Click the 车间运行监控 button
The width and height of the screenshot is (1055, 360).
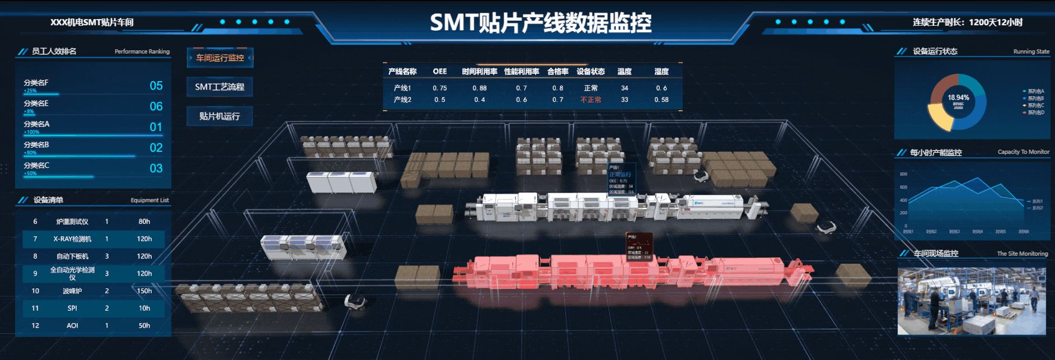(220, 58)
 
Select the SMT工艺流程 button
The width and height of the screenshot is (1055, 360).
(219, 87)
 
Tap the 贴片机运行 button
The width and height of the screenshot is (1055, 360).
(219, 116)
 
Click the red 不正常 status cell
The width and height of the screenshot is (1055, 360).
(590, 100)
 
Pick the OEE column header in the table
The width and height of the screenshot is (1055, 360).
(439, 72)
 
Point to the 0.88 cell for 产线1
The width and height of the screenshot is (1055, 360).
(479, 88)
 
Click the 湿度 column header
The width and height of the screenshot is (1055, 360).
(661, 72)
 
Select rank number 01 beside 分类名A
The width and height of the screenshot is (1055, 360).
(156, 127)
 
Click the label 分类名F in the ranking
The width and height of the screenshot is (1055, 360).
(36, 83)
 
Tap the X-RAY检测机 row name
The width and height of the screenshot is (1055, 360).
(72, 239)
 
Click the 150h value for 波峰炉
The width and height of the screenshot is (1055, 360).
(144, 291)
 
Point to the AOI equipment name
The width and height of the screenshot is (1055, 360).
(72, 325)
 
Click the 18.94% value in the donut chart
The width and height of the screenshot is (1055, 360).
(958, 98)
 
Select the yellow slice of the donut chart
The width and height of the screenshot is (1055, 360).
(939, 117)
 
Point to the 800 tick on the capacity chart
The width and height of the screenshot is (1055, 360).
(903, 174)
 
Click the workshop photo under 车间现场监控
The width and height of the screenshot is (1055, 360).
(971, 301)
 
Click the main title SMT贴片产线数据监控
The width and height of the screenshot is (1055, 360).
(540, 23)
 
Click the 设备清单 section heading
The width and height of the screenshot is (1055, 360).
(48, 200)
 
